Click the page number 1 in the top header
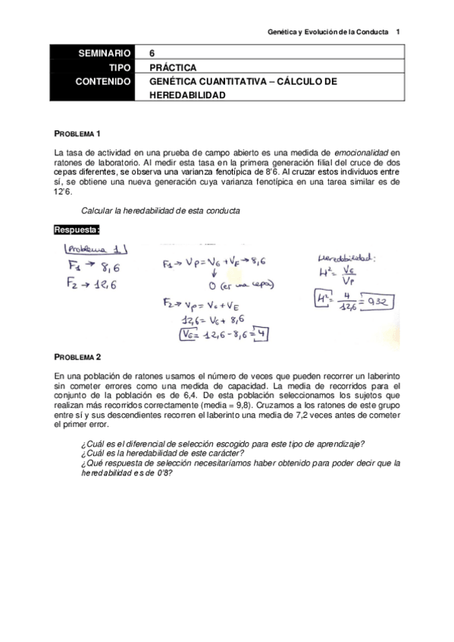click(x=399, y=32)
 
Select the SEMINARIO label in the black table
click(x=104, y=54)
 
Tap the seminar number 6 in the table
click(x=152, y=54)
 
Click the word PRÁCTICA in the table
click(x=174, y=67)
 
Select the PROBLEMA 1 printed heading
click(x=77, y=133)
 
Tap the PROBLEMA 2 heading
click(x=77, y=356)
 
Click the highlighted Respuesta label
click(x=77, y=229)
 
